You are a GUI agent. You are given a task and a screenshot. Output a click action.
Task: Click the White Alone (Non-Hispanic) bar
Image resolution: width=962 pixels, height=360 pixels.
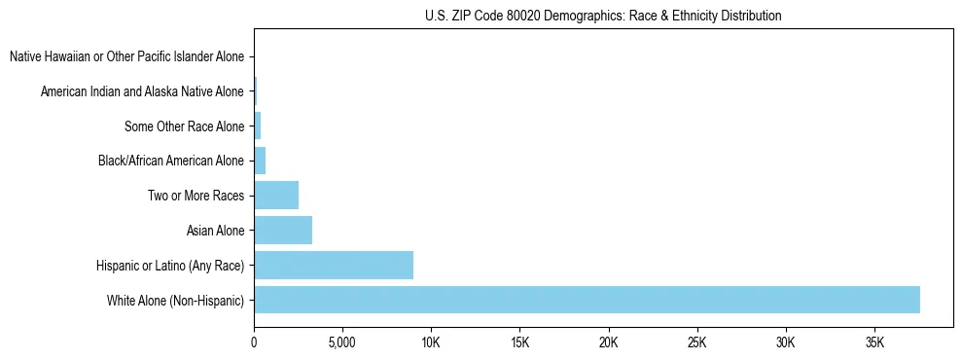[587, 300]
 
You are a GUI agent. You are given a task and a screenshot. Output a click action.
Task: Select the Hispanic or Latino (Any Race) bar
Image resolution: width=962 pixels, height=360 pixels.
[334, 265]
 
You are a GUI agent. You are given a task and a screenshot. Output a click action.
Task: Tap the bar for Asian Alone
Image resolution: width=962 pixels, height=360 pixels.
[283, 230]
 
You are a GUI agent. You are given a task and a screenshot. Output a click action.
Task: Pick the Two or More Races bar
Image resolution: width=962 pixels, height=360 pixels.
[276, 195]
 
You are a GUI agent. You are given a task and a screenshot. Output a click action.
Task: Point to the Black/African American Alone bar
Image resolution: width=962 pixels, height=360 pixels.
[260, 161]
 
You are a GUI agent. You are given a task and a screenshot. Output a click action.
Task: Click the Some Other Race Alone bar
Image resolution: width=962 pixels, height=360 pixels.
[258, 126]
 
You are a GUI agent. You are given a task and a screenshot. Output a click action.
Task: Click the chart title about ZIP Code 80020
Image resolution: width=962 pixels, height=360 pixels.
[603, 16]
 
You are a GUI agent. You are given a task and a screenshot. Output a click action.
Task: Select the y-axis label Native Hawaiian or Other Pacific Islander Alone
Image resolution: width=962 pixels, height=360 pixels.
[126, 56]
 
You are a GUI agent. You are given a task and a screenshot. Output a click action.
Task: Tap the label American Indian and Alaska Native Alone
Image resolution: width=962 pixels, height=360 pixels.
[142, 91]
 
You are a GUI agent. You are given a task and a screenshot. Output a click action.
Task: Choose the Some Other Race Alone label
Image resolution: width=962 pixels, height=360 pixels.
[185, 126]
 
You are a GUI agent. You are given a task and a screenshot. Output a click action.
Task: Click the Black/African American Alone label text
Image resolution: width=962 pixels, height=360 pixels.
[171, 161]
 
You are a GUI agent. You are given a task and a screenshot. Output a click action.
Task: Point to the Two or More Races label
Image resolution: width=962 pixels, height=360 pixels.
[195, 196]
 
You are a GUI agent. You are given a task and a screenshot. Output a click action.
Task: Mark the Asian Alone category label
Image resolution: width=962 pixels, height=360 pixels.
[215, 231]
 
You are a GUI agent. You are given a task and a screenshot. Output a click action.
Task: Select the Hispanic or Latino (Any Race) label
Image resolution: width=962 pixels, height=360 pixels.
[170, 266]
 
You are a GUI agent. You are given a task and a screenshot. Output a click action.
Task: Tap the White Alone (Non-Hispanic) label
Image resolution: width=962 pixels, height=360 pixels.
[176, 301]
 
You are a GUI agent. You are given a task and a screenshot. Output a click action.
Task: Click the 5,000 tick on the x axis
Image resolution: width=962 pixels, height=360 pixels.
[342, 343]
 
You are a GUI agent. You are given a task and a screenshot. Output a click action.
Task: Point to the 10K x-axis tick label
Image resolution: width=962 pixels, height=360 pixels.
[431, 343]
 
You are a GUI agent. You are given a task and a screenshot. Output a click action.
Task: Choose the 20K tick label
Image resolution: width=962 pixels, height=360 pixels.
[609, 343]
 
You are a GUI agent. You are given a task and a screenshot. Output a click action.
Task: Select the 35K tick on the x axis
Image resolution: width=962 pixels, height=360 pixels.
[874, 343]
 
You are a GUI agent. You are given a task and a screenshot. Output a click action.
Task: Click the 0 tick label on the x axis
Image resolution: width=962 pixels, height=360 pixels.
[254, 343]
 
